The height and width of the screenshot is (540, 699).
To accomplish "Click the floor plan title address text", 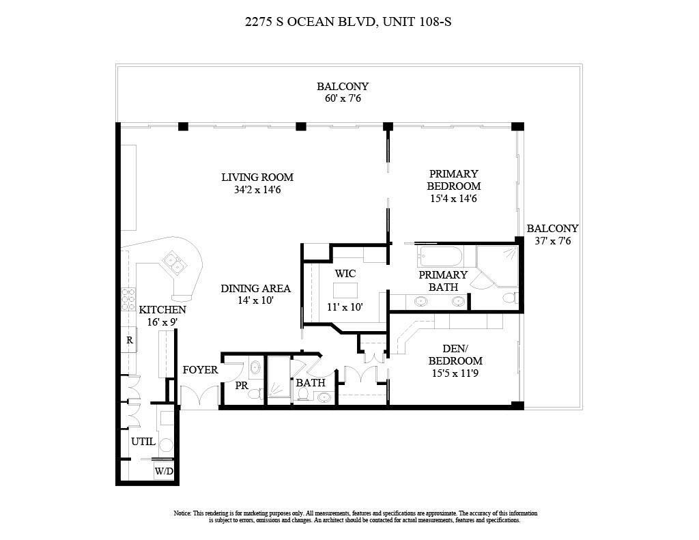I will point(348,22).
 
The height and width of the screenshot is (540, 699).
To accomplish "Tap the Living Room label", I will point(257,177).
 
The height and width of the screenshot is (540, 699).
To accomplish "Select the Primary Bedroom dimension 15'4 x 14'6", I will point(453,199).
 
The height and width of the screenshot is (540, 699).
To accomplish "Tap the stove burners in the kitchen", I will point(128,298).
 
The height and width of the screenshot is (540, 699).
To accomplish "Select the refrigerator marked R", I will point(128,339).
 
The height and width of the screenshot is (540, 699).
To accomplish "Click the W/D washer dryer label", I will point(163,471).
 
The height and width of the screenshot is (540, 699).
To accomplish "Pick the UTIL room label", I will point(143,441).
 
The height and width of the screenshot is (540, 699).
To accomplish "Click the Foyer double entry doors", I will point(199,397).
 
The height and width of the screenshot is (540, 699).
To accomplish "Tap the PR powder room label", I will point(241,386).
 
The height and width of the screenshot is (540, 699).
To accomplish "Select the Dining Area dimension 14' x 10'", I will point(255,300).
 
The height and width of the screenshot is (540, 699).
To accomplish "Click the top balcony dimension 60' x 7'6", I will point(342,98).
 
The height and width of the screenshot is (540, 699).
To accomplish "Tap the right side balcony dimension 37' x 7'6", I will point(552,240).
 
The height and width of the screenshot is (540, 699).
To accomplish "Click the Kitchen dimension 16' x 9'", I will point(162,322).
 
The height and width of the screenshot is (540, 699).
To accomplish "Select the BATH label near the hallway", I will point(310,383).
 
